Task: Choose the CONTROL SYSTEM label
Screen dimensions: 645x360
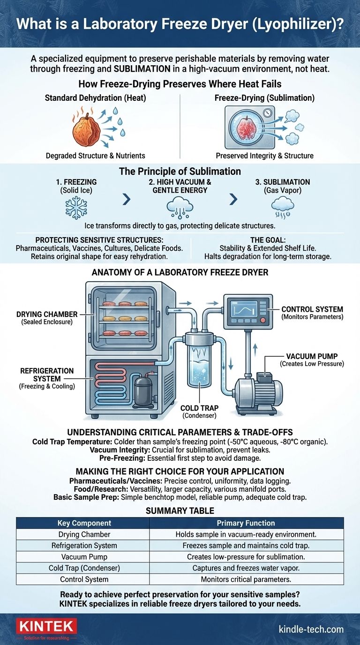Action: tap(312, 309)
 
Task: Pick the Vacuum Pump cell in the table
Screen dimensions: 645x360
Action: tap(82, 556)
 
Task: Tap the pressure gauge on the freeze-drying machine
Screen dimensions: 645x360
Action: tap(267, 113)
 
